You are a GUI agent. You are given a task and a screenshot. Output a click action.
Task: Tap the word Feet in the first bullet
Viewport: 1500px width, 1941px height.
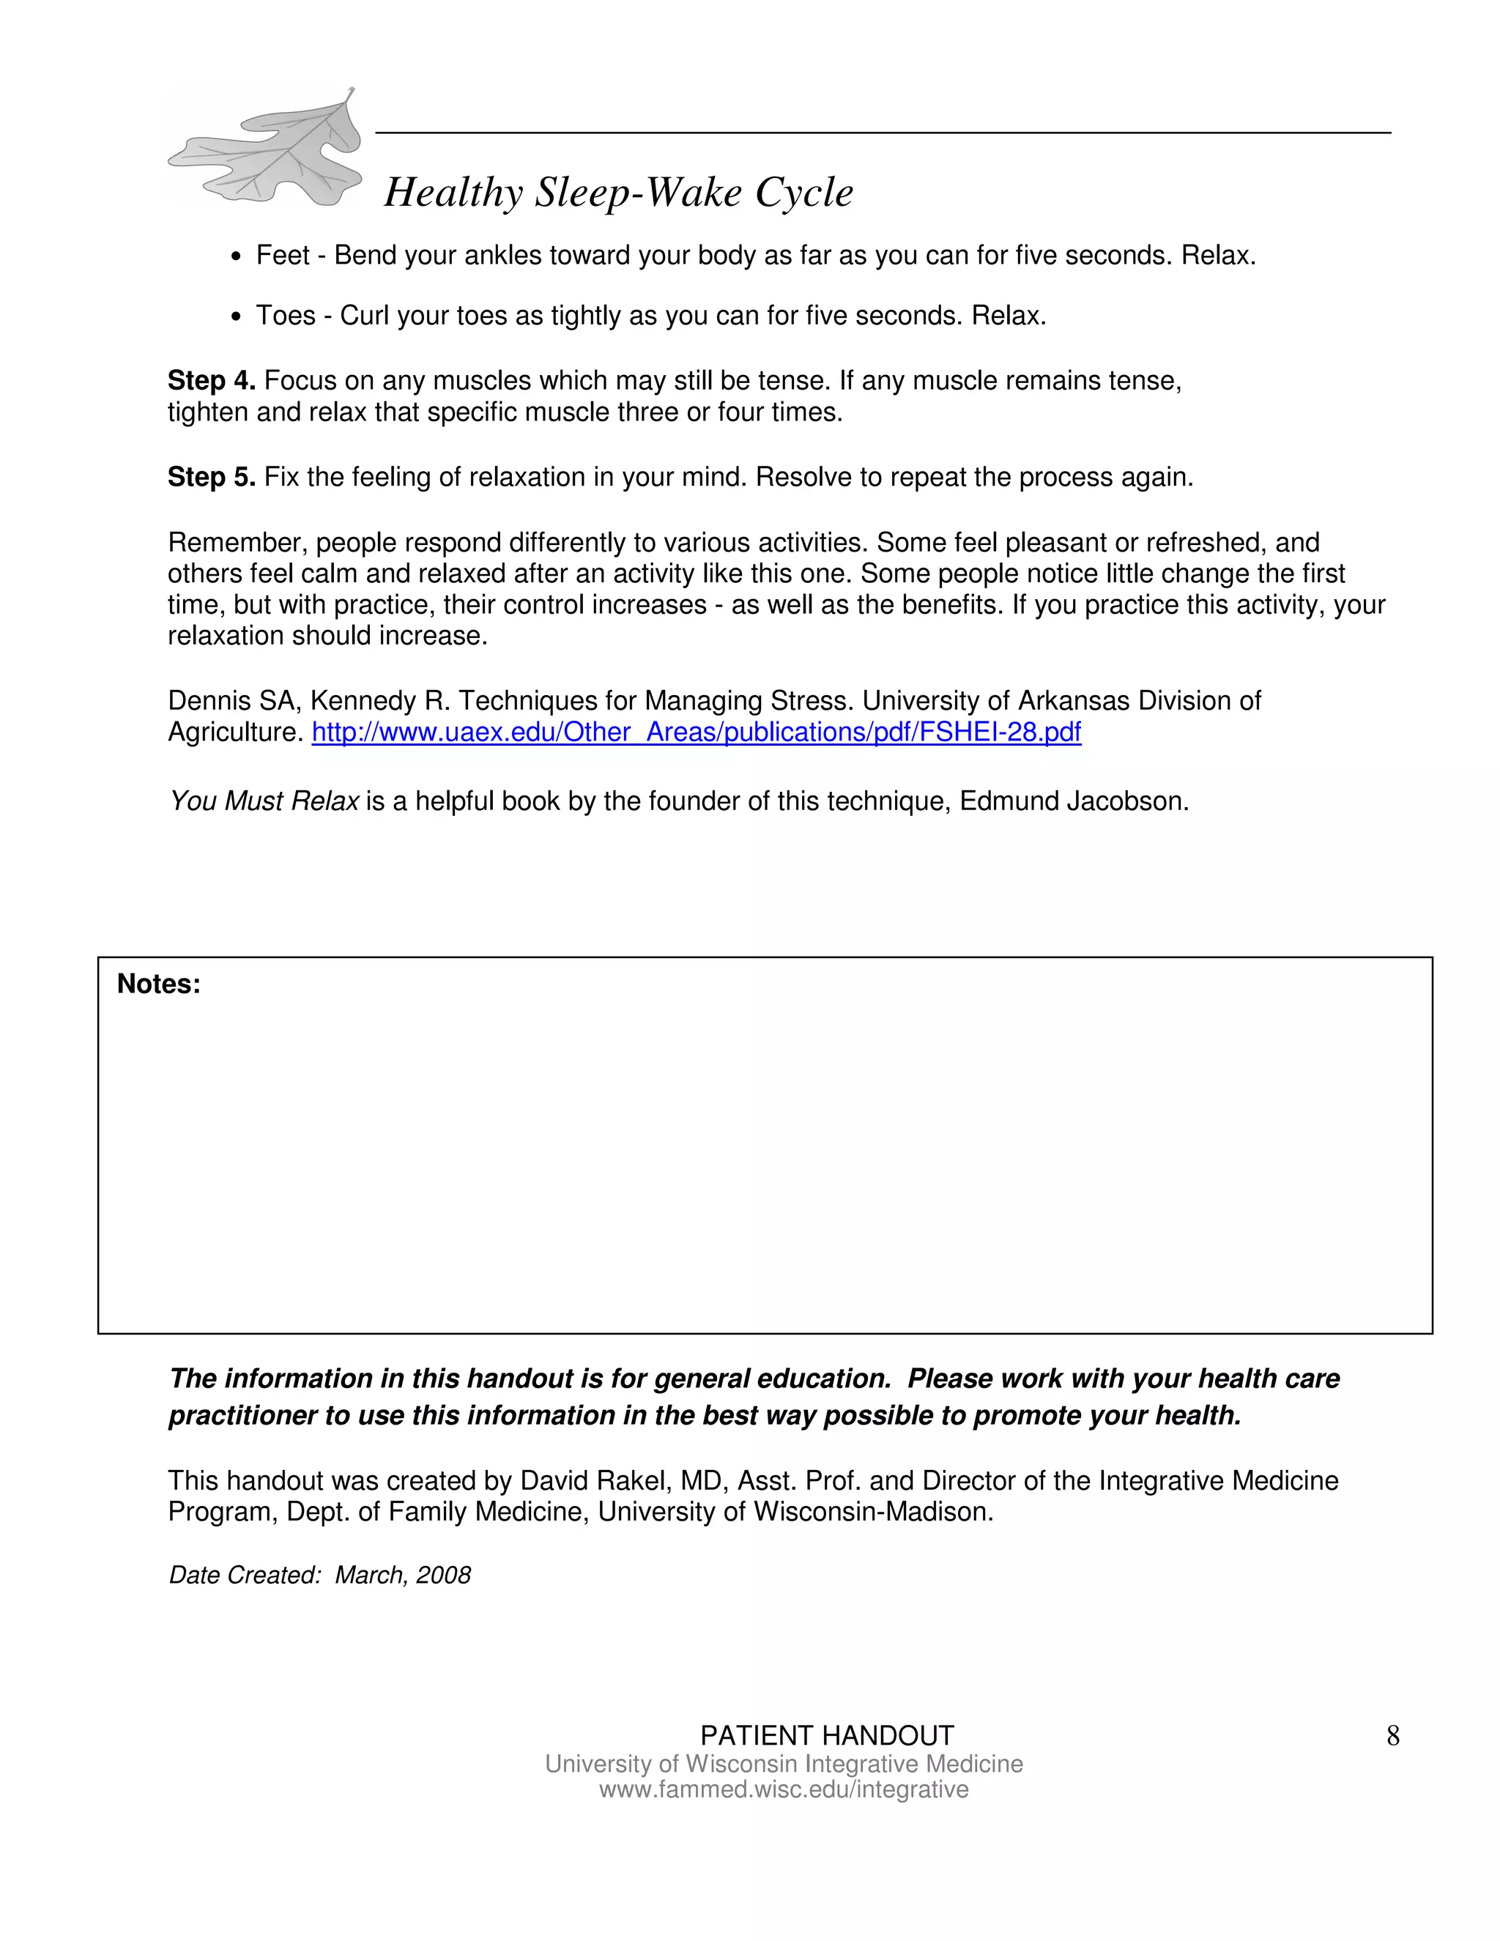(x=283, y=256)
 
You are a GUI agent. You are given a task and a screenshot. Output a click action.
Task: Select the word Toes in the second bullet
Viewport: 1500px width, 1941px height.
(x=285, y=316)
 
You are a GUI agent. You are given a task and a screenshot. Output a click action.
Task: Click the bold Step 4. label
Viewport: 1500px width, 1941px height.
(x=212, y=380)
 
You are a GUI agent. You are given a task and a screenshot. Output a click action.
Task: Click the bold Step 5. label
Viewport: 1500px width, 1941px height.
(x=212, y=478)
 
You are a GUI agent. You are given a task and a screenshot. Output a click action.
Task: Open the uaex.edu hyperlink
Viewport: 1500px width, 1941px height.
(x=696, y=732)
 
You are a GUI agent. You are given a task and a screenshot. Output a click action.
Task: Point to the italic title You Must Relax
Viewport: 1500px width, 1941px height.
(x=264, y=801)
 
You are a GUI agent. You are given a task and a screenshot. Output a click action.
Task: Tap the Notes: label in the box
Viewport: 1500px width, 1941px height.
(x=159, y=984)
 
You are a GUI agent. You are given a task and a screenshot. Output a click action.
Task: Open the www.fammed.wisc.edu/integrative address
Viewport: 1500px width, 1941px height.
(x=783, y=1789)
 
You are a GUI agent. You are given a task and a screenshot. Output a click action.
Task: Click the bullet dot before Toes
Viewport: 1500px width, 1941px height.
(x=236, y=317)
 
